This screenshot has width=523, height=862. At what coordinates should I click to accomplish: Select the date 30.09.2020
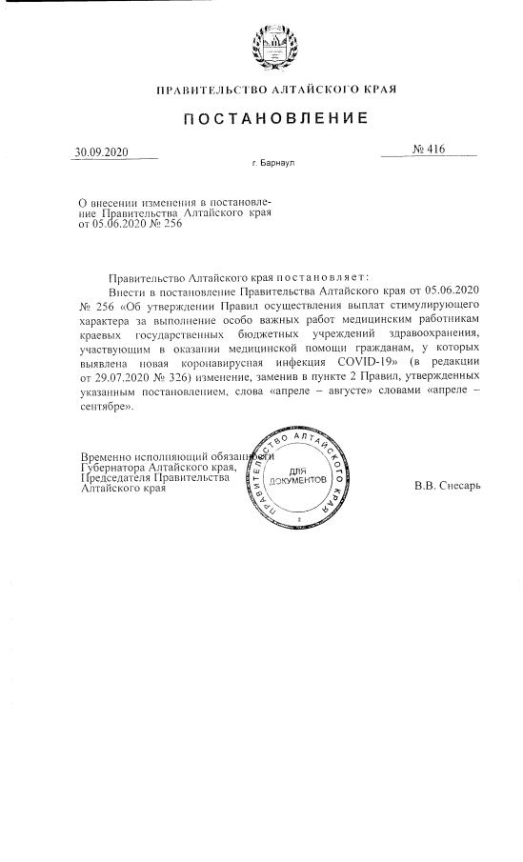click(x=102, y=152)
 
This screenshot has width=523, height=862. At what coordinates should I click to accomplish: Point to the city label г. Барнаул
click(x=273, y=164)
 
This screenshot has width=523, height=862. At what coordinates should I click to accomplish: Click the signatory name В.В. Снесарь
click(x=448, y=486)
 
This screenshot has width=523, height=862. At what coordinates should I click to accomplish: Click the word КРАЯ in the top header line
click(x=378, y=90)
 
